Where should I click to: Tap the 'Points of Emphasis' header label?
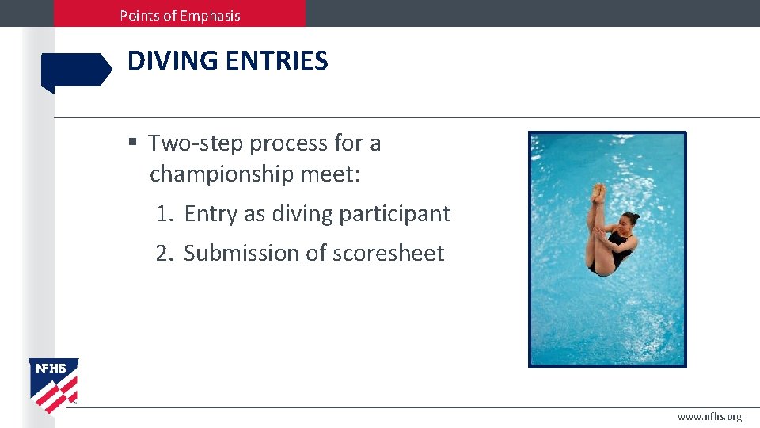pos(180,15)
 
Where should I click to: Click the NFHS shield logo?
pos(54,384)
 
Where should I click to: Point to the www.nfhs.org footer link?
pos(709,417)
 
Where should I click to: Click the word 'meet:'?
pos(335,174)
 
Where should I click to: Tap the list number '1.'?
pos(165,213)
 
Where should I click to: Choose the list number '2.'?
pos(165,253)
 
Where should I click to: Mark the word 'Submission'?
pos(245,253)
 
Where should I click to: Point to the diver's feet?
pos(598,192)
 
